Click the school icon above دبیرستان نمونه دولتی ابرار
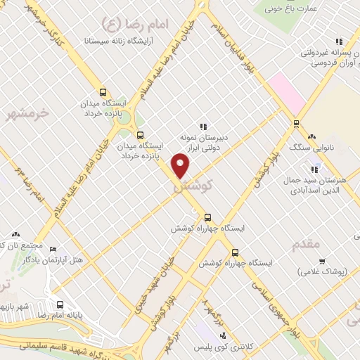(203, 127)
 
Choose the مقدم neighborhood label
(306, 243)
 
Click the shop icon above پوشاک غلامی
(321, 261)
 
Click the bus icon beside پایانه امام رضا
(60, 305)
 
